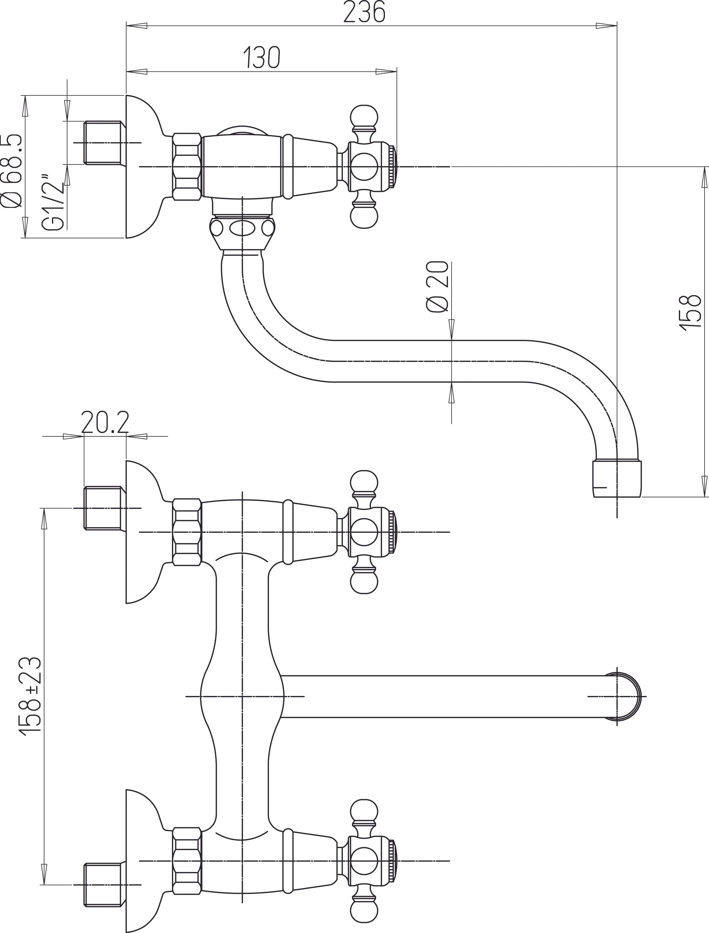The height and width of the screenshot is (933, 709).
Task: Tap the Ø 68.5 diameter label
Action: [x=12, y=171]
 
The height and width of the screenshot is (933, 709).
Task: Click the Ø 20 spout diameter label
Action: [x=437, y=287]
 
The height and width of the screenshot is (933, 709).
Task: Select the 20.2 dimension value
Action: [x=105, y=422]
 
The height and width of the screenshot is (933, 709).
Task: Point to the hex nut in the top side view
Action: [x=186, y=167]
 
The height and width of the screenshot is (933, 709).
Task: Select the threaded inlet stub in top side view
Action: [x=104, y=143]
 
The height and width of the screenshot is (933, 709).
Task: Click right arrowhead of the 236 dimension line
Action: [x=608, y=26]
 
